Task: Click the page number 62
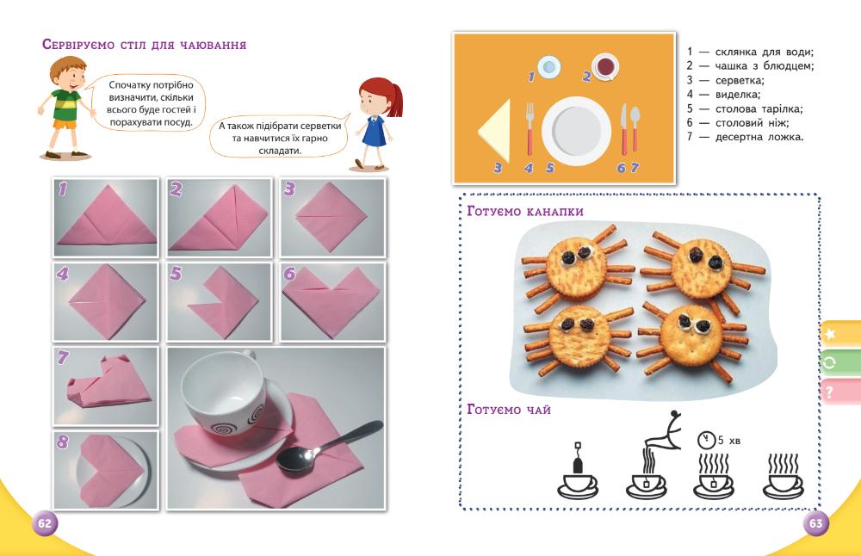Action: (45, 523)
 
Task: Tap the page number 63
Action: (816, 523)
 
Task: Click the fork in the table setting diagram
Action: (530, 129)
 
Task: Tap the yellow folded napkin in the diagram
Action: (495, 131)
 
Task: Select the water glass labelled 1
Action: (548, 67)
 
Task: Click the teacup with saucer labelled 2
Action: (605, 67)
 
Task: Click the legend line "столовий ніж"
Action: (738, 123)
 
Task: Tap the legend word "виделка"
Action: (738, 95)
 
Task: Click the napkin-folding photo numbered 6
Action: (332, 302)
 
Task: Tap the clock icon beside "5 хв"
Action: (706, 440)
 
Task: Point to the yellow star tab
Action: (840, 333)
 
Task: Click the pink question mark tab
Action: (840, 392)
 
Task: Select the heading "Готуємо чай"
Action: (509, 410)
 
